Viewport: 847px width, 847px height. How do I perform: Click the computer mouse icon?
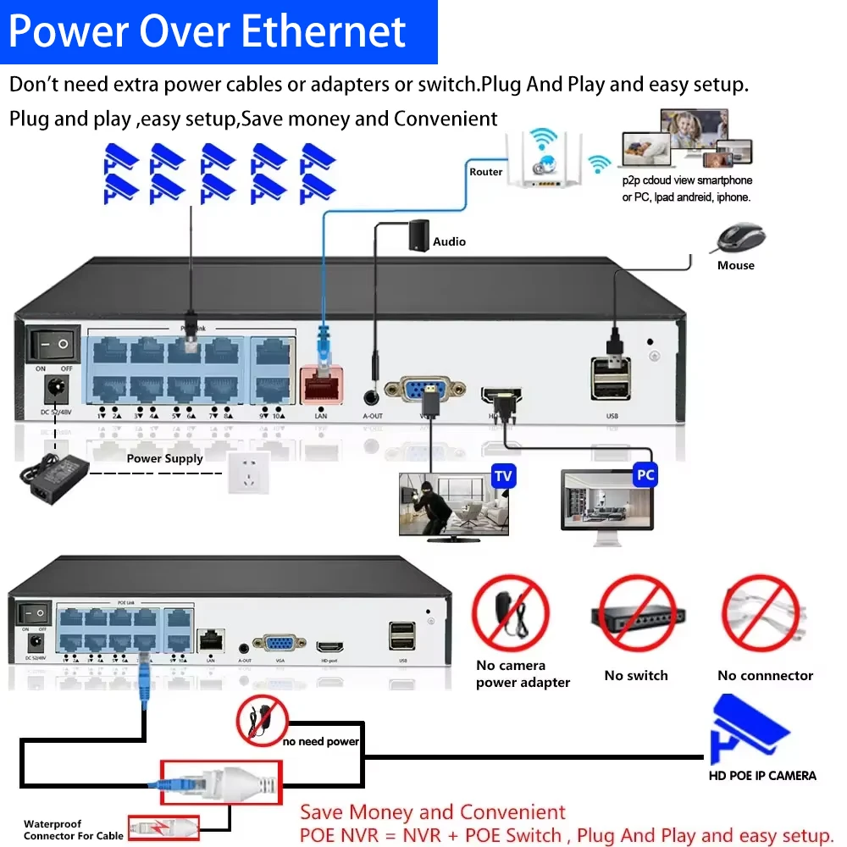[x=740, y=239]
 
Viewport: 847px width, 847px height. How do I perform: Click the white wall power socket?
[x=247, y=473]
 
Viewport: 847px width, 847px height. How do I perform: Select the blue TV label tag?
[x=504, y=476]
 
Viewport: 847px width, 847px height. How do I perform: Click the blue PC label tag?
[x=645, y=475]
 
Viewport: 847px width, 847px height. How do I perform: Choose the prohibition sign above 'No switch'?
[x=636, y=613]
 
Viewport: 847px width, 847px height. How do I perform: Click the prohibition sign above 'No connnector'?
[x=761, y=613]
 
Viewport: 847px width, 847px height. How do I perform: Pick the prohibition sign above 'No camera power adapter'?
[x=511, y=613]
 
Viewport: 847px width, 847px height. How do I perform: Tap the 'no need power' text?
[x=321, y=742]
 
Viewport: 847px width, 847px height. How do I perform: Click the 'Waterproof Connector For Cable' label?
[x=73, y=830]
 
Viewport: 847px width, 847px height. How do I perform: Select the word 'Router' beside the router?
[x=486, y=172]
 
